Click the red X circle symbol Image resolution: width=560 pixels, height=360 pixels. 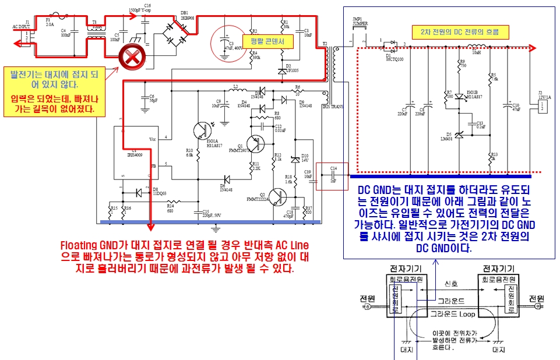point(129,59)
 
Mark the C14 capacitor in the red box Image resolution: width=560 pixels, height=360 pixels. point(333,175)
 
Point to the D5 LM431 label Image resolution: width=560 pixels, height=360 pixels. point(448,137)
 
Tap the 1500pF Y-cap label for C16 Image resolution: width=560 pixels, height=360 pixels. point(140,10)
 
